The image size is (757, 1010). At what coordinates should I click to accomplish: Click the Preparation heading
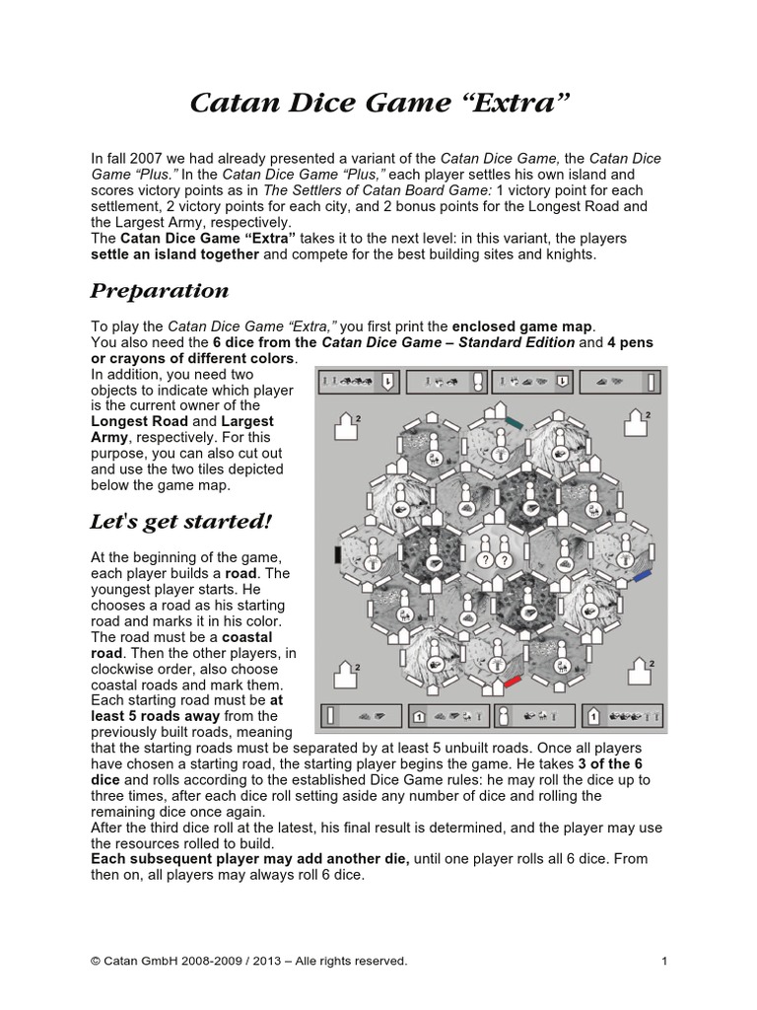pos(160,290)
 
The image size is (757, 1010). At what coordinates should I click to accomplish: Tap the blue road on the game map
pos(642,573)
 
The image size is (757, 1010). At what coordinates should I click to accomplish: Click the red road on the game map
pos(512,682)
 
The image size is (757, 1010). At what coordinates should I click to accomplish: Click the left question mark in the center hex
pos(483,559)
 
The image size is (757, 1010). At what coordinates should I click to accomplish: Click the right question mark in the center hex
pos(503,559)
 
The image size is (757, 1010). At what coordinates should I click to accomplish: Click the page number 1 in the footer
pos(664,962)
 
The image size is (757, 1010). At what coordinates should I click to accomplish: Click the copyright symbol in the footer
pos(97,962)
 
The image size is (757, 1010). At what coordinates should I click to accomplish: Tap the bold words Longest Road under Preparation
pos(132,421)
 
